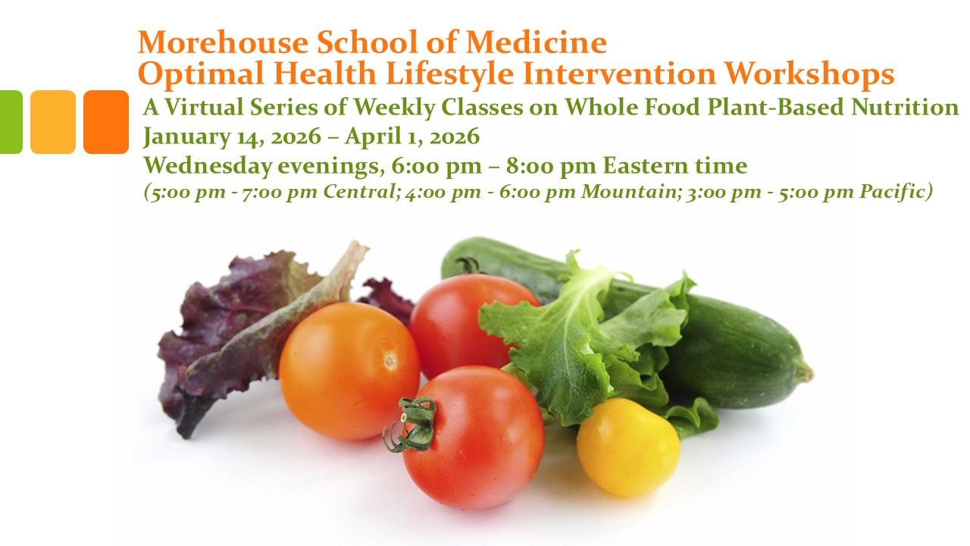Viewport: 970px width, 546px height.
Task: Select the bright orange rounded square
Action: point(106,122)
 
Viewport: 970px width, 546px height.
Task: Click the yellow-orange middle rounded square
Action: point(53,122)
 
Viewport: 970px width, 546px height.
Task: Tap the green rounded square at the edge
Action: point(11,122)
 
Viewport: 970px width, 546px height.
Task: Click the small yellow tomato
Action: point(628,447)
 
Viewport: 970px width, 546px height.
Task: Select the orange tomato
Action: point(349,370)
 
